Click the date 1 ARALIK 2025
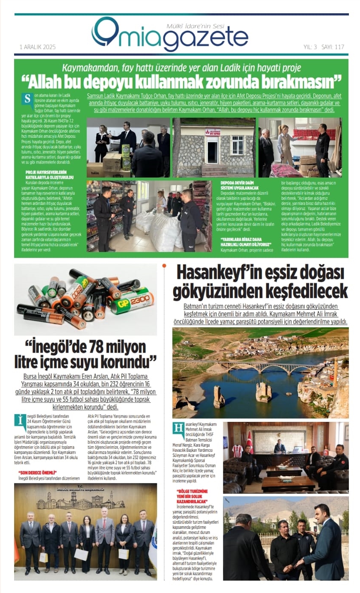pyautogui.click(x=37, y=47)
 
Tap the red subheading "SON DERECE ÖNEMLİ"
pyautogui.click(x=41, y=473)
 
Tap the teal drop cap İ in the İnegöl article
pyautogui.click(x=20, y=420)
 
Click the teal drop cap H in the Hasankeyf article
pyautogui.click(x=178, y=428)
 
